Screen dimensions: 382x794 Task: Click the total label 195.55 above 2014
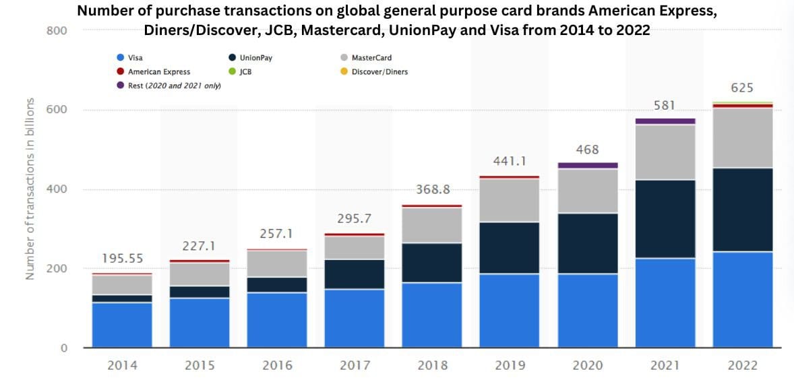click(x=122, y=259)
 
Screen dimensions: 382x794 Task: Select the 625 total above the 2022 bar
click(x=742, y=88)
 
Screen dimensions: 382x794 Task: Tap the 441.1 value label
click(x=510, y=161)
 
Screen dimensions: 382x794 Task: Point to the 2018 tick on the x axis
click(x=432, y=365)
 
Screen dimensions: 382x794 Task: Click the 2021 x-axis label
click(x=665, y=365)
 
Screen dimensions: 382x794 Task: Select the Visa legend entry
click(x=135, y=58)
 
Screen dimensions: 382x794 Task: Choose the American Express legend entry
click(x=158, y=71)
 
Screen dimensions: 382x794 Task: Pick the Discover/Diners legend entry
click(x=379, y=71)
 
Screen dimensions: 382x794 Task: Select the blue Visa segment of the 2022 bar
click(x=742, y=300)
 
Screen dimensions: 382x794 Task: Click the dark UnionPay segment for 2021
click(x=665, y=219)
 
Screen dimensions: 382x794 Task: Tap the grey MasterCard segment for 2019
click(x=510, y=200)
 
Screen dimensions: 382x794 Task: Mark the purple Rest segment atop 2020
click(x=587, y=165)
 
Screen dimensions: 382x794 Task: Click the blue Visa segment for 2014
click(x=122, y=325)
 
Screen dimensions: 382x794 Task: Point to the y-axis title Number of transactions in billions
click(x=30, y=189)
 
